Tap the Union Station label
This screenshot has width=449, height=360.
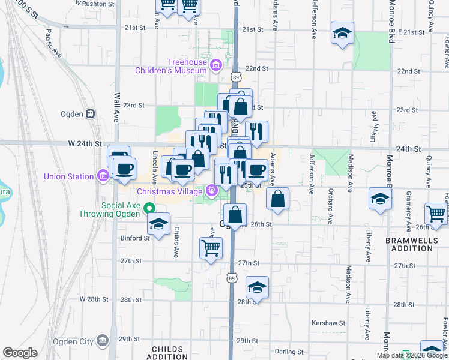[68, 176]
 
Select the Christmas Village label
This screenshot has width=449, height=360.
[170, 192]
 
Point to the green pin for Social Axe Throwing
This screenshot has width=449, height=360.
[150, 209]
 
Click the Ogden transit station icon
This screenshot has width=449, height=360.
[91, 113]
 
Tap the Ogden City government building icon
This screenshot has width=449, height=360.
[103, 341]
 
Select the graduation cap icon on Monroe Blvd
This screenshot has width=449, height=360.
[381, 198]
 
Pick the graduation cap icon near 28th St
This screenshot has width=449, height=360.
[257, 287]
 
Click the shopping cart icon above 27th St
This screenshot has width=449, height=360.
[211, 247]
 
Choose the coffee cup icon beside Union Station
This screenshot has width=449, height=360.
[125, 169]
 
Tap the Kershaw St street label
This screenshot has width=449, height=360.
[328, 323]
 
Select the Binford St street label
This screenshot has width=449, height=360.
[134, 238]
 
